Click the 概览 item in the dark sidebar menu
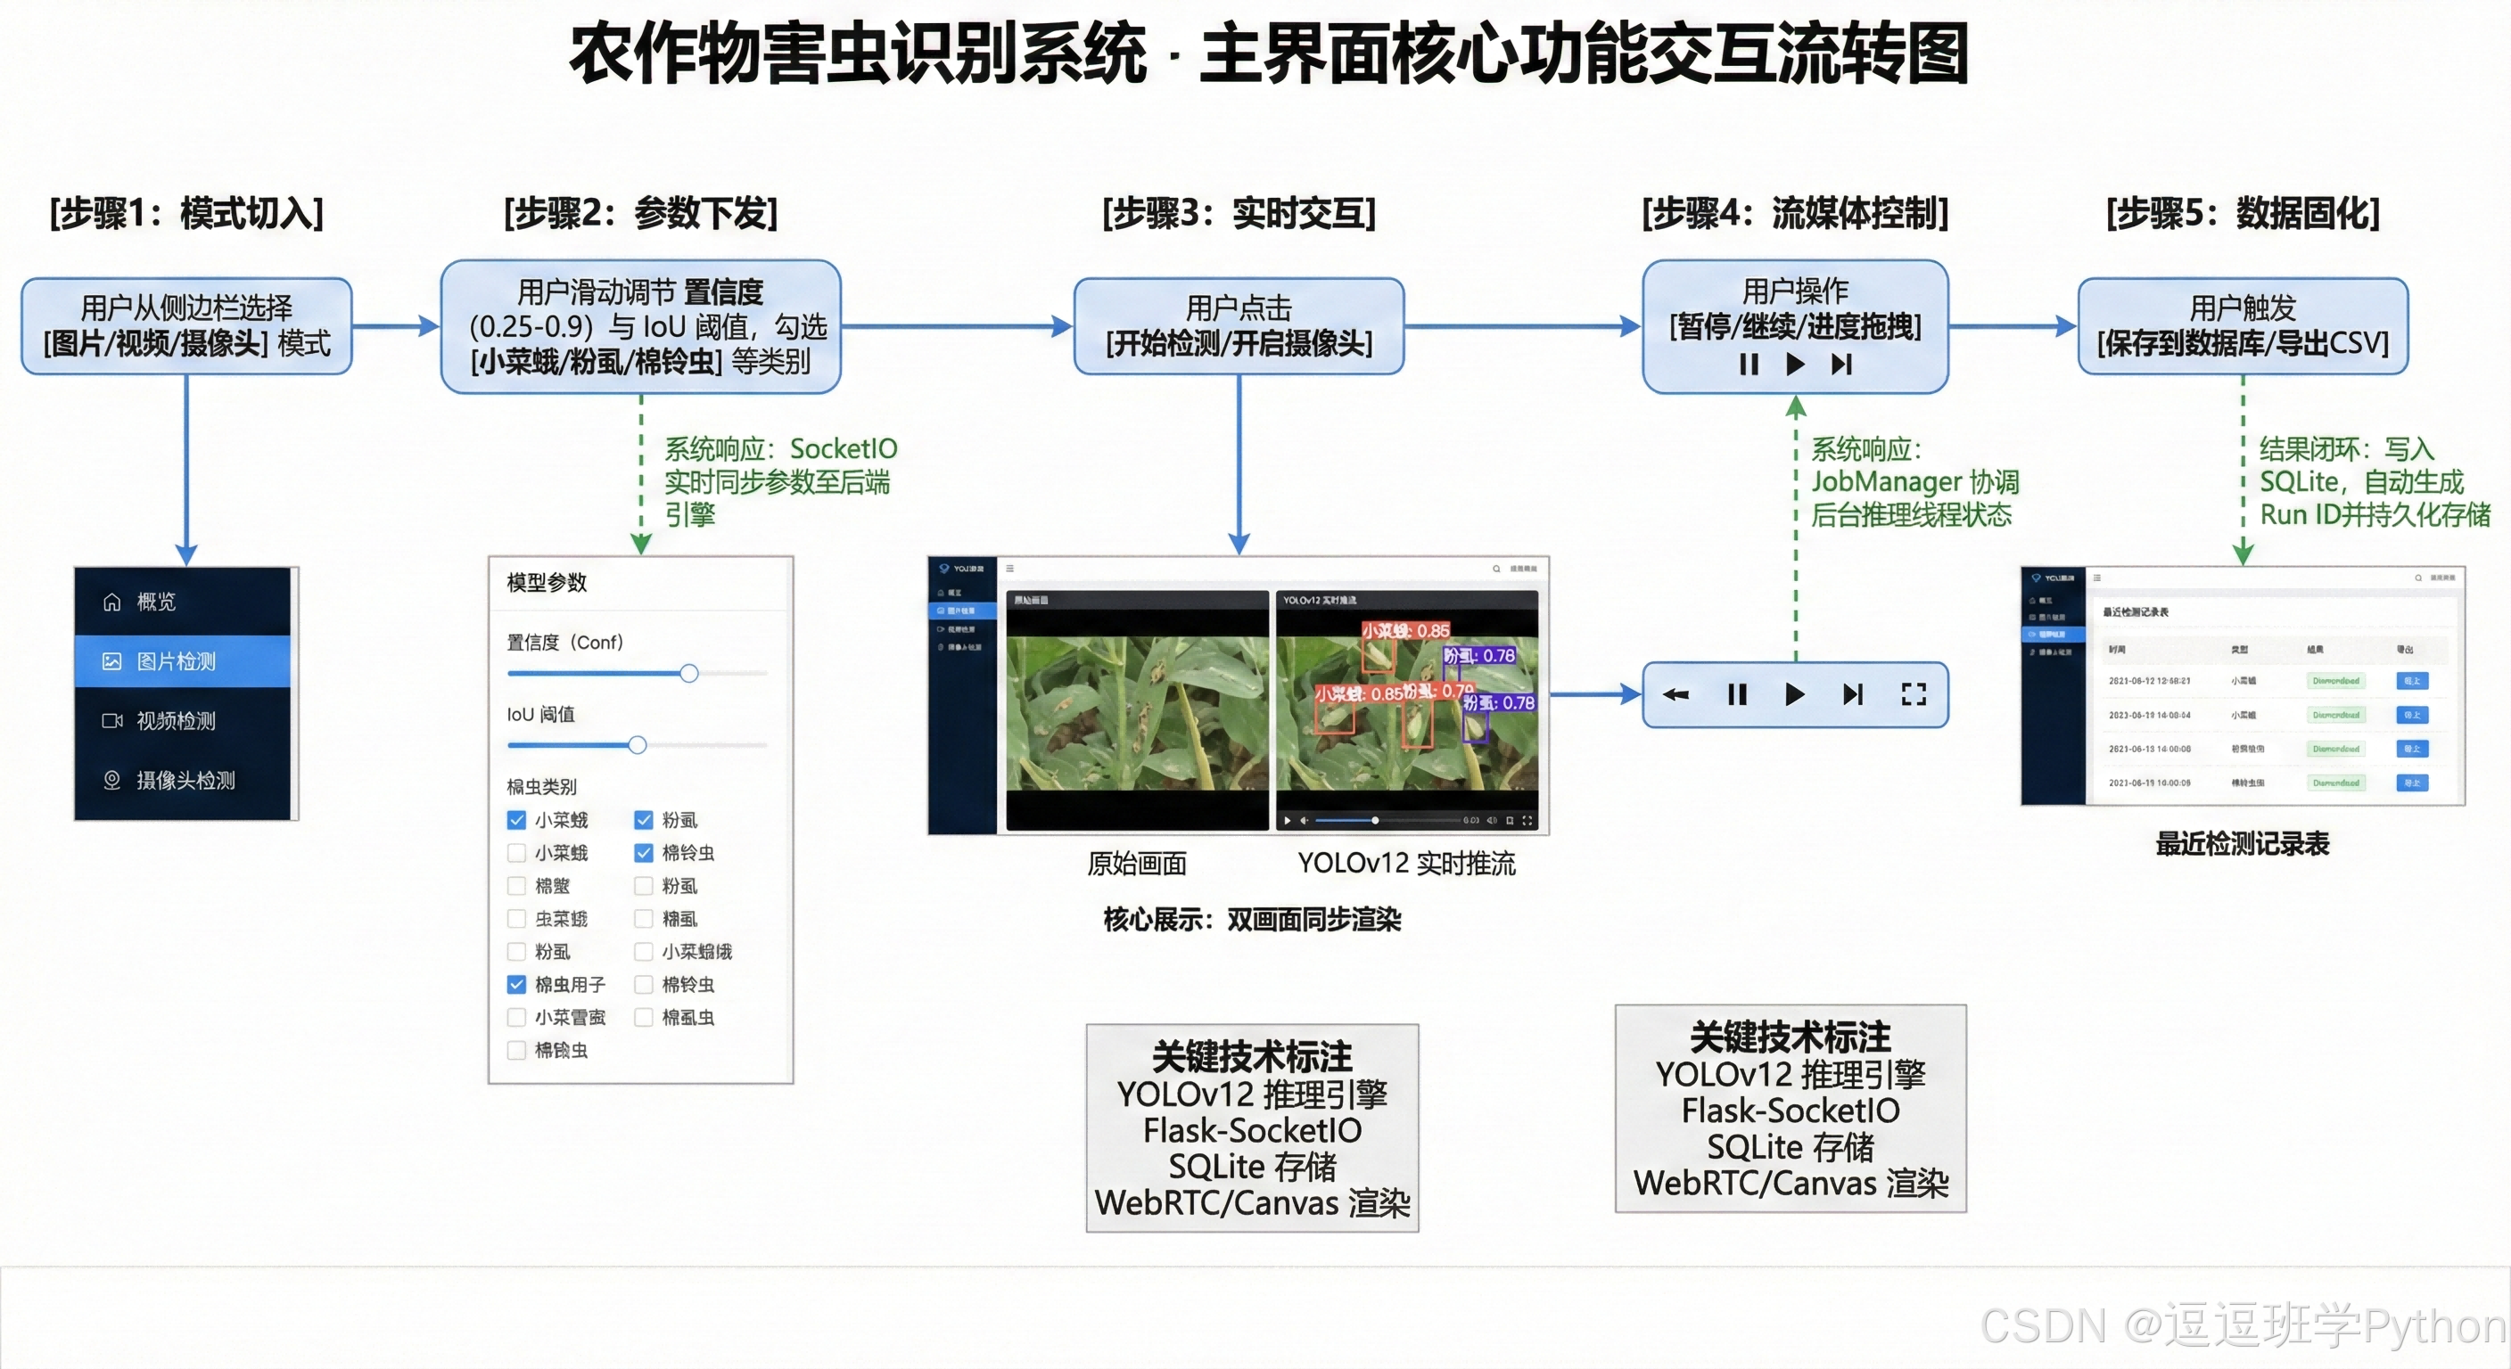tap(156, 603)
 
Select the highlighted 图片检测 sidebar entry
tap(177, 661)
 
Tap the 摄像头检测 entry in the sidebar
tap(185, 781)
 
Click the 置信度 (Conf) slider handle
tap(689, 673)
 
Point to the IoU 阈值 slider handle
tap(638, 745)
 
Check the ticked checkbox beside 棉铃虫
tap(643, 854)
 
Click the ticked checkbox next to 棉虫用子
tap(516, 985)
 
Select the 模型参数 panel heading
tap(547, 583)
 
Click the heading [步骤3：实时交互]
tap(1238, 213)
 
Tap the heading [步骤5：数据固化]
tap(2242, 213)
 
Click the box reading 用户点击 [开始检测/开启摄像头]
tap(1238, 326)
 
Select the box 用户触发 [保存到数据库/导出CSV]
tap(2242, 326)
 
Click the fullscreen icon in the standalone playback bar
tap(1914, 693)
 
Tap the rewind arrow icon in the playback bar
tap(1675, 693)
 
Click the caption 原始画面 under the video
tap(1137, 864)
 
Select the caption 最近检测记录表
tap(2242, 844)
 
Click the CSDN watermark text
tap(2242, 1326)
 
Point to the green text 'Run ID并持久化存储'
tap(2375, 514)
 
